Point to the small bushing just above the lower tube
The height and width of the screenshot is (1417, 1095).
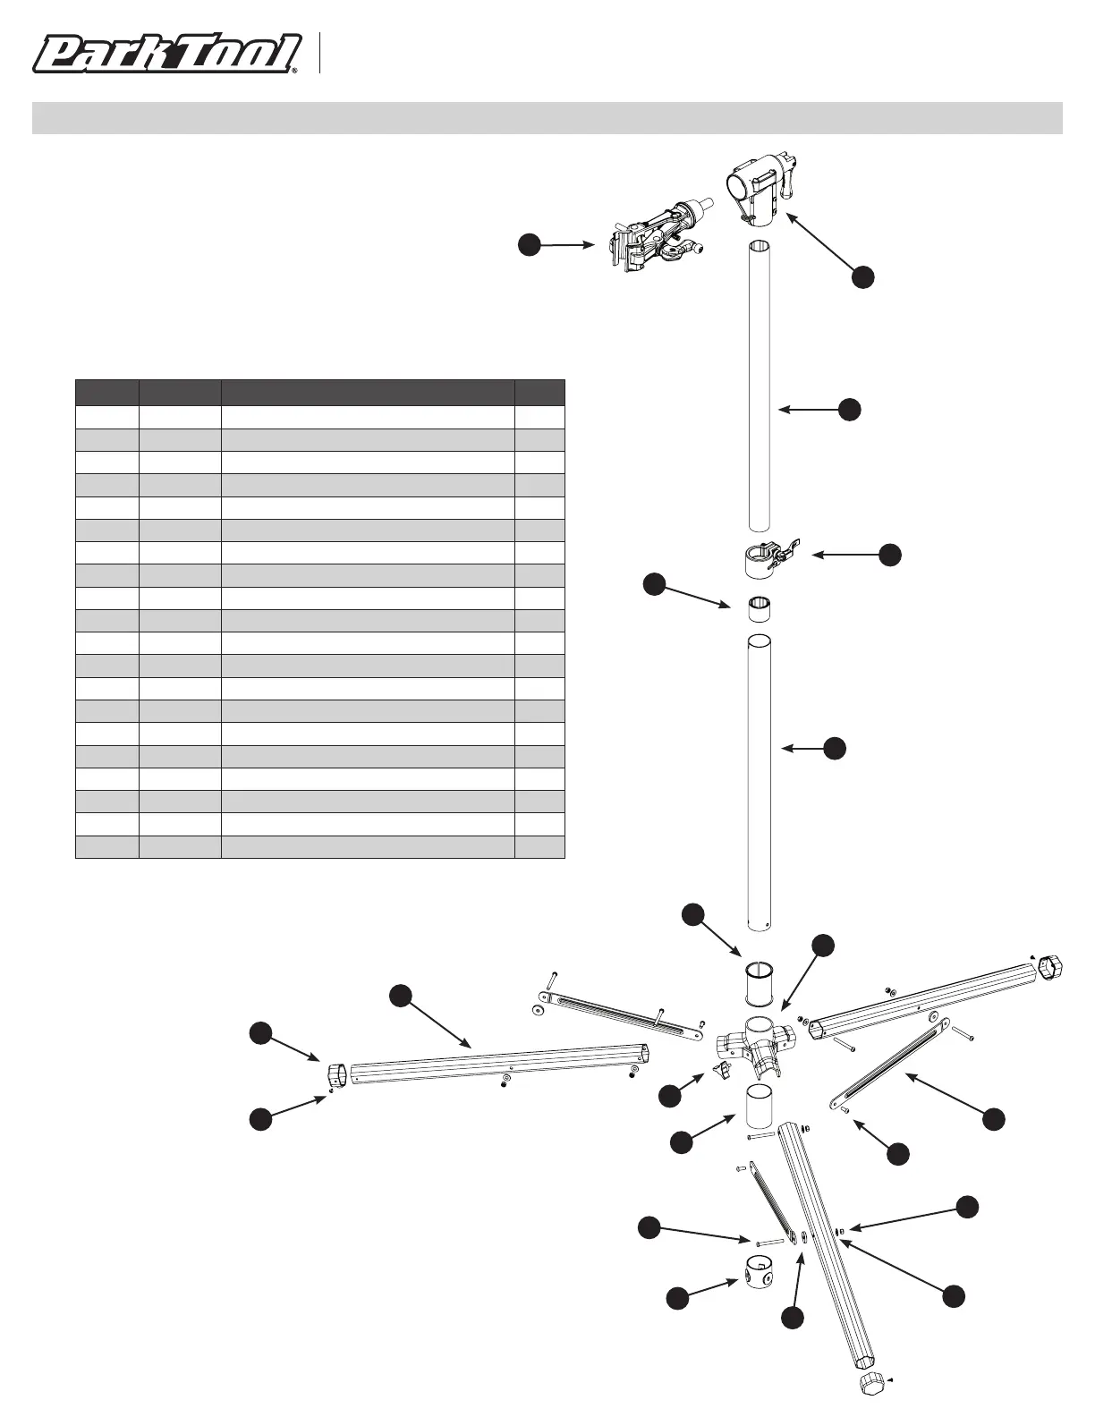760,611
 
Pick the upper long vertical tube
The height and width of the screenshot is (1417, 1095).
760,385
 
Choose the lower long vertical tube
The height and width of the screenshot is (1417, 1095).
760,778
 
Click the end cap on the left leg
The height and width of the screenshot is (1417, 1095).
337,1072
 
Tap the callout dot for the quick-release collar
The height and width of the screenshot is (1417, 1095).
889,555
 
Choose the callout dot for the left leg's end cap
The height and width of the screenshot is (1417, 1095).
260,1033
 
